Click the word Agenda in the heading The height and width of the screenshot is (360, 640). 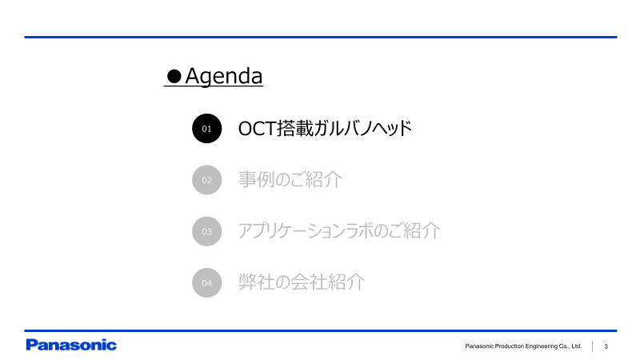224,77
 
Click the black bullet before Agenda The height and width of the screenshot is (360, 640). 174,77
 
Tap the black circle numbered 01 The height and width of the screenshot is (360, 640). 206,128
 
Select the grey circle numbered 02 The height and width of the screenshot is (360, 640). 206,180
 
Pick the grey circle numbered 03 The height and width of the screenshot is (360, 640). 206,231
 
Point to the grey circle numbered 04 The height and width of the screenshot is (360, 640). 206,282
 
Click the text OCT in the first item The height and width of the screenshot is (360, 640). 256,128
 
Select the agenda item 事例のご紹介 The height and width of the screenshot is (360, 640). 290,180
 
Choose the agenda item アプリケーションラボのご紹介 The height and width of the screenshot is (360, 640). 339,231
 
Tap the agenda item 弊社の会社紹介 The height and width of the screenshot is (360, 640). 302,282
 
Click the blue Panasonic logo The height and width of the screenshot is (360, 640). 71,346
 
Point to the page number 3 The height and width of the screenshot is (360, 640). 606,346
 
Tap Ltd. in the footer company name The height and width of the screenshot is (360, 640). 575,346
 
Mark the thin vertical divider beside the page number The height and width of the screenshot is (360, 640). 593,346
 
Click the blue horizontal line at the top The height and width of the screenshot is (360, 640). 320,37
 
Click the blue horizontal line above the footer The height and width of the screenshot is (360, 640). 320,330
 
